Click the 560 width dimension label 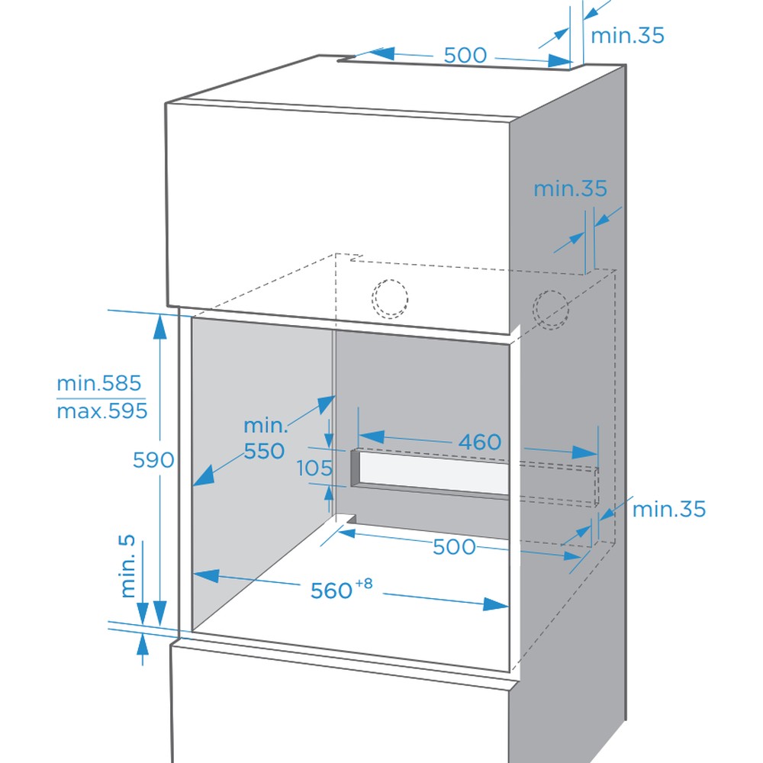coord(331,591)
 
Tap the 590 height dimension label coord(153,460)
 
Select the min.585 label coord(98,384)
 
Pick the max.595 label coord(101,411)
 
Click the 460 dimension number coord(480,442)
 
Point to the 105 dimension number coord(315,468)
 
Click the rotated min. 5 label coord(127,566)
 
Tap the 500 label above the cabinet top coord(465,55)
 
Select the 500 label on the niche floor coord(454,547)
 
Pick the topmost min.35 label coord(627,36)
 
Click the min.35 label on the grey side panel coord(570,188)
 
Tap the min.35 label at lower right coord(668,510)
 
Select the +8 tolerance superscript coord(364,582)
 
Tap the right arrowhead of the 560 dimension coord(496,604)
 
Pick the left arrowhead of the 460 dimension coord(372,436)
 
